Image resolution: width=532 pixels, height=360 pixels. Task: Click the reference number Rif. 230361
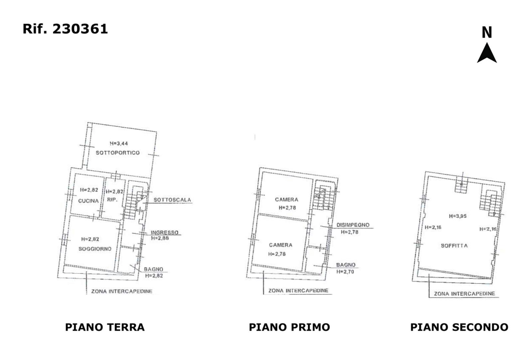[65, 29]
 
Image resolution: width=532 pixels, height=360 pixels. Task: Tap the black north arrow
[487, 54]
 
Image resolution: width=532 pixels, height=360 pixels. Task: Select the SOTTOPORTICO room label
[118, 153]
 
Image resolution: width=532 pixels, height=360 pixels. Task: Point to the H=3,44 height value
[119, 143]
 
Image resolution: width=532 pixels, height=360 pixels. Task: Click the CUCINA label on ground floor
[88, 201]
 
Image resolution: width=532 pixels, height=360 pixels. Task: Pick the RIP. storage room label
[112, 200]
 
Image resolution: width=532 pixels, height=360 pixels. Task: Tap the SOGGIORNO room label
[95, 249]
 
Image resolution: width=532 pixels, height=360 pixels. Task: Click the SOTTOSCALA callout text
[172, 200]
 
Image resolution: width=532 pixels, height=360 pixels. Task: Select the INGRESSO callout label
[165, 232]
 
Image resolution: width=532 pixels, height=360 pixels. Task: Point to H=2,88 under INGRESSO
[160, 238]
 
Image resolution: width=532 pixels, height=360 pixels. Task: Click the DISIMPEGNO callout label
[353, 225]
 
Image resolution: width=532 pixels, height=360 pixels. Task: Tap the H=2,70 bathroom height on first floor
[345, 271]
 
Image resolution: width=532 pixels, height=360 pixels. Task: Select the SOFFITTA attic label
[454, 246]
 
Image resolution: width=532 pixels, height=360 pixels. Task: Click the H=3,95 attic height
[458, 216]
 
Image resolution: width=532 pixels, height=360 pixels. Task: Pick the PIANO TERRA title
[105, 327]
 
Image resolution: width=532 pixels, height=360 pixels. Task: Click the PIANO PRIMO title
[290, 327]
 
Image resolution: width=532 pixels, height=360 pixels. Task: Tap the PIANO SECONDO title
[459, 327]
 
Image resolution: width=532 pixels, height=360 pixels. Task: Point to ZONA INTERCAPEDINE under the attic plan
[465, 294]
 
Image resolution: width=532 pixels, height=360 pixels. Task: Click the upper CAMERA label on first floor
[286, 199]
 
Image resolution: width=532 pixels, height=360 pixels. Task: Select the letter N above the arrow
[487, 33]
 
